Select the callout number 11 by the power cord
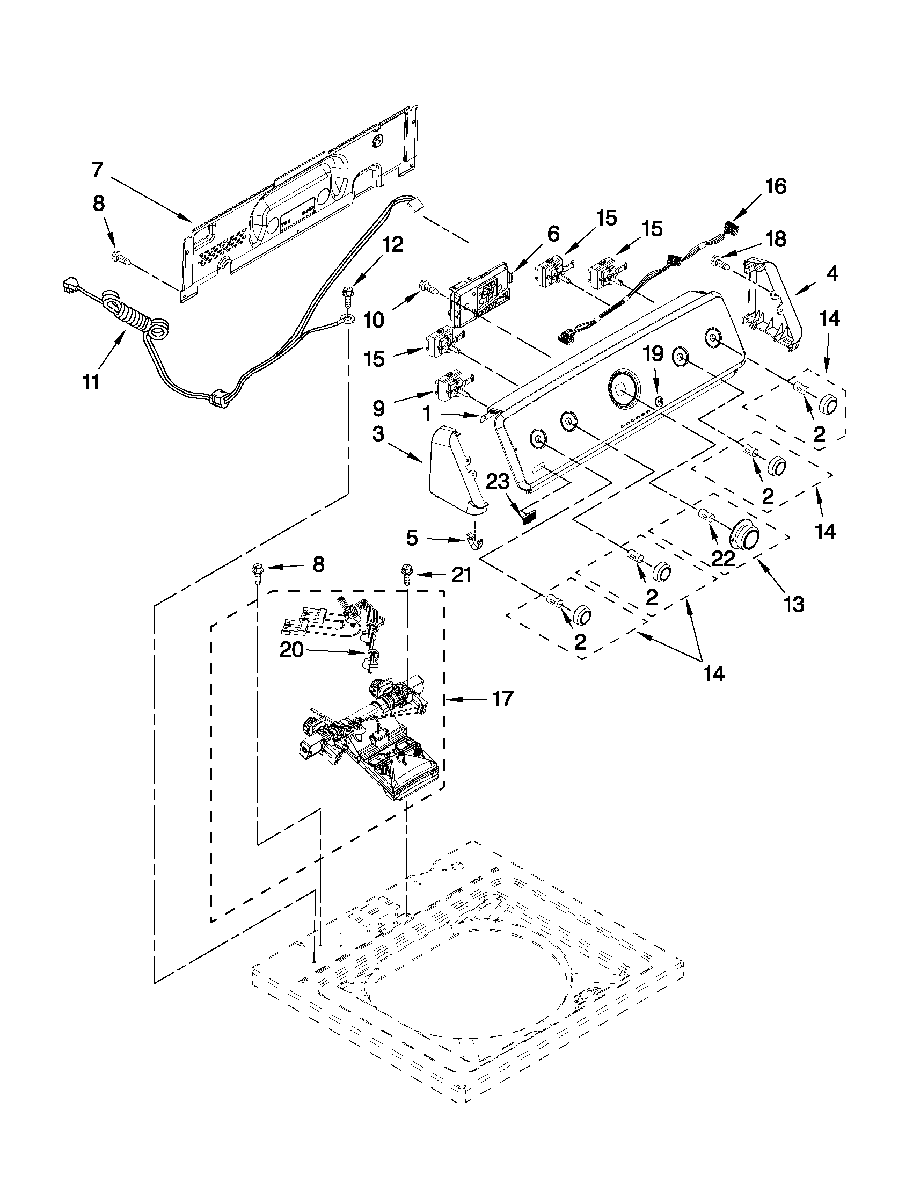click(x=91, y=381)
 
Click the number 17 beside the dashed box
click(x=502, y=699)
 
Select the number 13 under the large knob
click(x=793, y=604)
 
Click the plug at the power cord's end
click(x=68, y=284)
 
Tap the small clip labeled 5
click(x=474, y=541)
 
